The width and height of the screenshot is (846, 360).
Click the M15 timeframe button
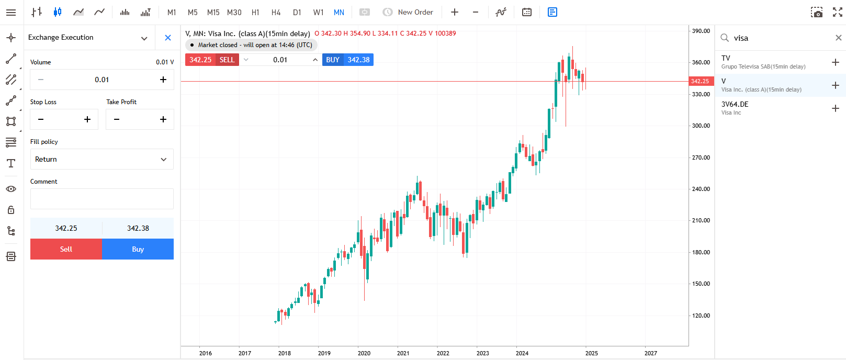coord(213,12)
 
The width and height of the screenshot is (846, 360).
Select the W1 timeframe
coord(318,12)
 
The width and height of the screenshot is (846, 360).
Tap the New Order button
coord(408,12)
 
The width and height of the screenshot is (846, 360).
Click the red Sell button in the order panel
coord(66,249)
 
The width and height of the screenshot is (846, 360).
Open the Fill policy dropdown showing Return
coord(101,159)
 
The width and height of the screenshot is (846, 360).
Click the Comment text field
coord(101,199)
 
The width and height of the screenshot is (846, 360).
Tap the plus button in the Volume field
coord(163,80)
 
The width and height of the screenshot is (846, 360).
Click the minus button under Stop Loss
coord(41,119)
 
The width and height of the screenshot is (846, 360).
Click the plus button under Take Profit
coord(163,119)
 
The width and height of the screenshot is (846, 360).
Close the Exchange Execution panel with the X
coord(168,38)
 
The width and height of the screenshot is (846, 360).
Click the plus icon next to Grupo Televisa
coord(836,62)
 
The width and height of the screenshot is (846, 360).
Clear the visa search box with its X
coord(839,38)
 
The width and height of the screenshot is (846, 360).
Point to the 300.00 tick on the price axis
coord(701,126)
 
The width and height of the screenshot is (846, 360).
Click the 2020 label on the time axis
coord(364,353)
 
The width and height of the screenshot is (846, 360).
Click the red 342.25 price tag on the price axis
coord(700,81)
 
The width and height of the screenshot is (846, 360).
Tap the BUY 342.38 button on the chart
coord(347,60)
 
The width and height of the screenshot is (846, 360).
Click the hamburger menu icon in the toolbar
coord(11,12)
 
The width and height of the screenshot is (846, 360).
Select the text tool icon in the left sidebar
coord(11,164)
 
